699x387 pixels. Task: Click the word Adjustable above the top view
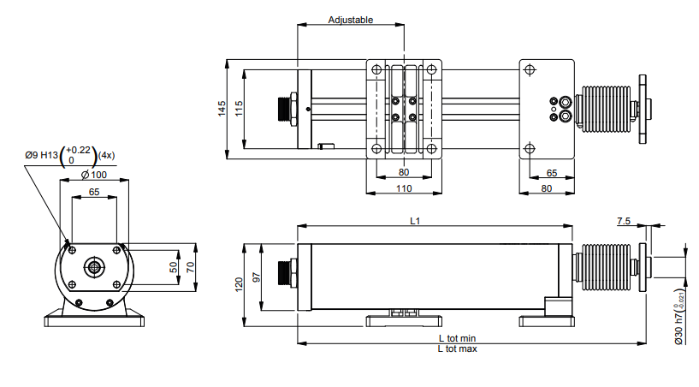point(351,20)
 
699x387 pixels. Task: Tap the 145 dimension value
point(222,108)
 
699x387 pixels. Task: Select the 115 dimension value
point(240,108)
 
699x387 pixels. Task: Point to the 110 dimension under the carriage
point(403,188)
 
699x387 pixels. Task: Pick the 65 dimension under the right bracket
point(552,173)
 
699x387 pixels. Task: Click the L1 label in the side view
point(415,221)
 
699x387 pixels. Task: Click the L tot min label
point(458,339)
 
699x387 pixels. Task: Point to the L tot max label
point(458,349)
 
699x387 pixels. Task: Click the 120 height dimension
point(240,283)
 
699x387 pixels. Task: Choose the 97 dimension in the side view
point(256,278)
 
